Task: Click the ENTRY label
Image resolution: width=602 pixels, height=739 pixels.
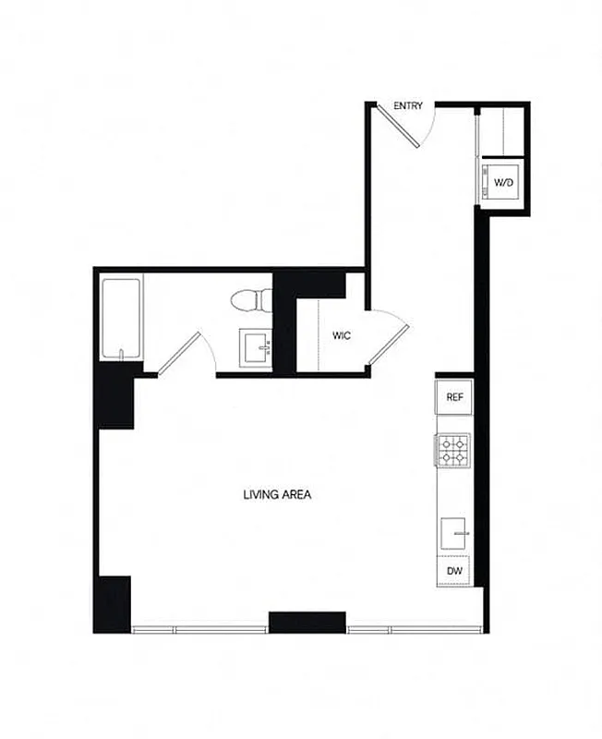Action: click(x=408, y=106)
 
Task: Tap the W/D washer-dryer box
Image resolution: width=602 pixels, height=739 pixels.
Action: click(x=503, y=183)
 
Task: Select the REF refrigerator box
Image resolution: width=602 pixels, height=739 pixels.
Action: click(x=454, y=397)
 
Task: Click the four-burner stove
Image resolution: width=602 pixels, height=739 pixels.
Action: click(x=453, y=450)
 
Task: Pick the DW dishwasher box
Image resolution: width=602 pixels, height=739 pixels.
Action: click(x=454, y=571)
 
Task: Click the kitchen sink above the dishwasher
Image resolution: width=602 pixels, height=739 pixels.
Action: click(x=454, y=533)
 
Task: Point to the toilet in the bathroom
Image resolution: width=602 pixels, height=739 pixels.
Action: click(x=250, y=299)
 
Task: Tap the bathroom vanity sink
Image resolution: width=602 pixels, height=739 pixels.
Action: click(x=254, y=348)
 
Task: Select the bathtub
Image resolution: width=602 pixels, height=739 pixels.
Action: click(x=120, y=319)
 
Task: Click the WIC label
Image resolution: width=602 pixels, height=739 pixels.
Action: click(x=341, y=335)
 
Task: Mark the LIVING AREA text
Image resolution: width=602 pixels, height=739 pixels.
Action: click(x=277, y=494)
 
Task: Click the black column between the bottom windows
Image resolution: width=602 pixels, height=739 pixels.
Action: click(x=307, y=622)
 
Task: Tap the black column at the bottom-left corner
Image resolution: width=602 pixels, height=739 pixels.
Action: click(x=113, y=603)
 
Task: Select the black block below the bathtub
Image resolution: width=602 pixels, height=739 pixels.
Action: click(x=116, y=395)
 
